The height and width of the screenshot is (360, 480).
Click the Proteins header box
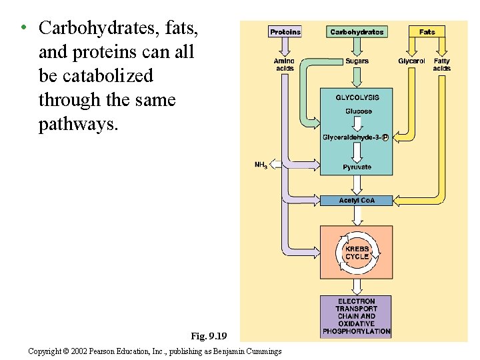click(285, 31)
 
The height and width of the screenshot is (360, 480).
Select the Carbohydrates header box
click(357, 31)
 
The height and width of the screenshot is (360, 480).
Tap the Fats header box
click(427, 31)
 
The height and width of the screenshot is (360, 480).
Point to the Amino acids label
click(285, 65)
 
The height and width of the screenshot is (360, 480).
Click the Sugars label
click(357, 61)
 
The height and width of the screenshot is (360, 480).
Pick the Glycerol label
click(411, 61)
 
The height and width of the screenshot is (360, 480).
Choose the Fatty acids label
click(441, 65)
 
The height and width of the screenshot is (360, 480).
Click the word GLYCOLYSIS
click(357, 98)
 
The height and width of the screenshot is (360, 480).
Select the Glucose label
click(358, 111)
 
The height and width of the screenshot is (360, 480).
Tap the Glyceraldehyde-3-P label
click(355, 137)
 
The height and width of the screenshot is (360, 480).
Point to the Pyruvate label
click(357, 167)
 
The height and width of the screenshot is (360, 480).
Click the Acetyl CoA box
click(357, 200)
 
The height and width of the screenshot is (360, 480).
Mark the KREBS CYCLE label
click(357, 253)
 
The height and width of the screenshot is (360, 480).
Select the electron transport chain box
click(357, 316)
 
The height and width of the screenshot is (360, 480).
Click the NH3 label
click(261, 165)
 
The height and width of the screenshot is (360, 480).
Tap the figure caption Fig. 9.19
click(209, 335)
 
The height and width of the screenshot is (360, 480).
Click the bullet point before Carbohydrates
click(23, 28)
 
